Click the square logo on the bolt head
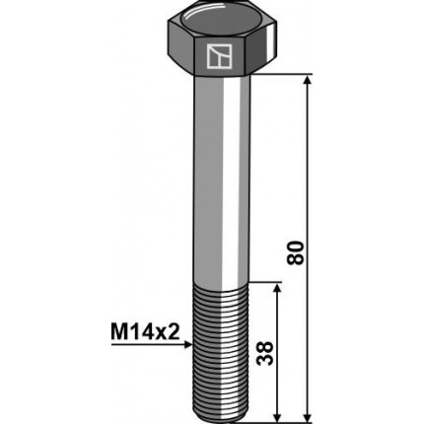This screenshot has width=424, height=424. (219, 58)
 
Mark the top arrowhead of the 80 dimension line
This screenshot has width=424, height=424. (309, 81)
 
